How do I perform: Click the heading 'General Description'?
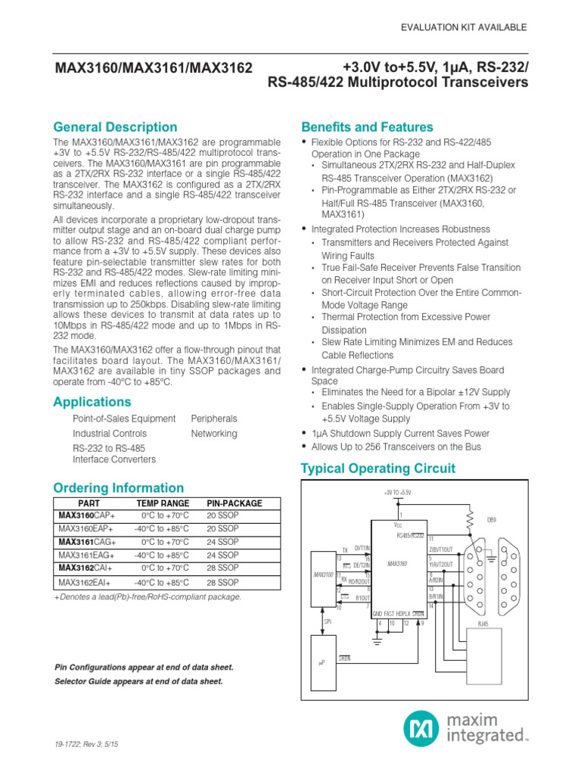[x=115, y=127]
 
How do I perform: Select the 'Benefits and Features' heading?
[x=367, y=127]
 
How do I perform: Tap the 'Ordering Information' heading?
[x=118, y=488]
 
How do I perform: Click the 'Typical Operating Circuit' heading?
[x=378, y=468]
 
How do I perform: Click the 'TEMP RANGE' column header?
[x=163, y=503]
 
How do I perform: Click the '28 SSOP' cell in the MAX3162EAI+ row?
[x=222, y=583]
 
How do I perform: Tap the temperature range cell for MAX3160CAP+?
[x=163, y=515]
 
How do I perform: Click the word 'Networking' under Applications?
[x=214, y=434]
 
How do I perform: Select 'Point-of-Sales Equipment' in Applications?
[x=124, y=419]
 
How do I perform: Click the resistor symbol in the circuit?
[x=470, y=521]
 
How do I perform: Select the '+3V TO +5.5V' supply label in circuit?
[x=399, y=493]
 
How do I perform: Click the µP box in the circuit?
[x=326, y=662]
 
